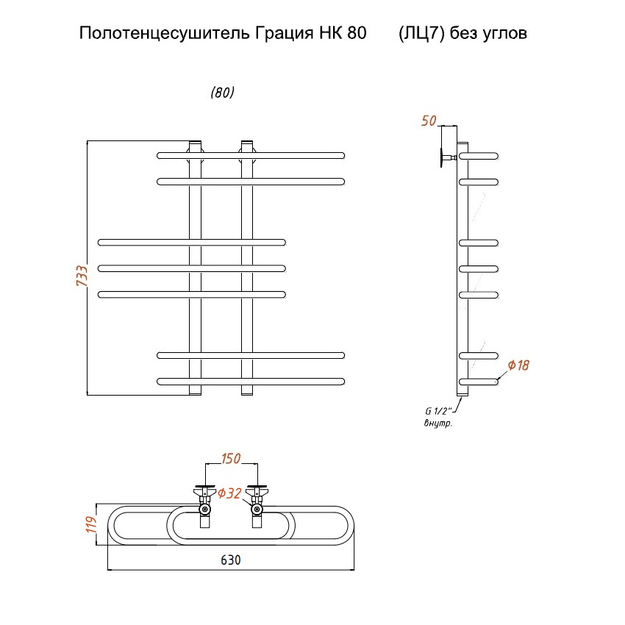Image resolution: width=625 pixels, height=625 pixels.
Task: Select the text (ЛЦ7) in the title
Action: point(421,34)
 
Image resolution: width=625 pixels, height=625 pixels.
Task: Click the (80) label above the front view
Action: point(222,93)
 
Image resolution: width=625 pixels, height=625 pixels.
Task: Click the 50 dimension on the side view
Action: point(429,121)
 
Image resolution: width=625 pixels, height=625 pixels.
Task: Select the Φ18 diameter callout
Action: point(518,365)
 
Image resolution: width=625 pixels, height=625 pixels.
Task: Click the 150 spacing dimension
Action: point(231,459)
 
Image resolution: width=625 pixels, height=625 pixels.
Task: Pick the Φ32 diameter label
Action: point(229,493)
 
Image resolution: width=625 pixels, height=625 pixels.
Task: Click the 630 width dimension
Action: point(231,560)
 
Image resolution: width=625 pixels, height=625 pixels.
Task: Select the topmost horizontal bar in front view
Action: point(250,155)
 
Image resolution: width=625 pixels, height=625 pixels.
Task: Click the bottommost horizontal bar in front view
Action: point(250,381)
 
